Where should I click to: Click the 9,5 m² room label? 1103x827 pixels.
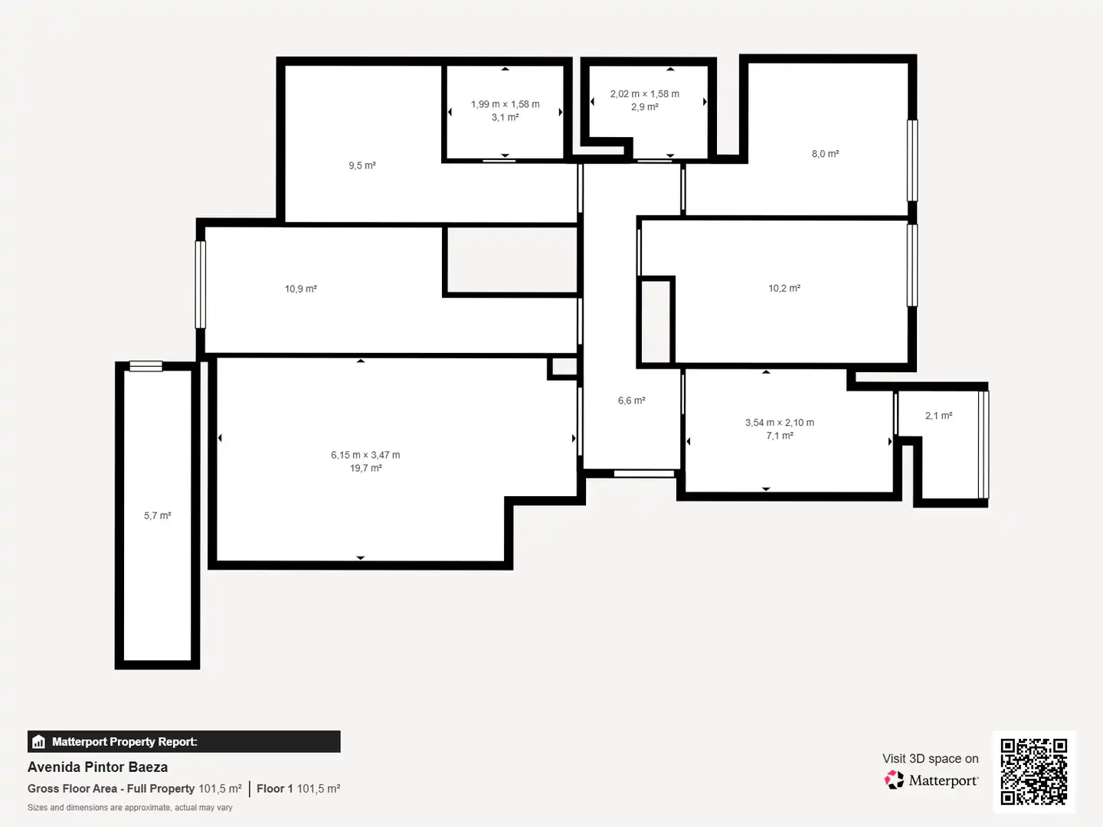click(x=362, y=165)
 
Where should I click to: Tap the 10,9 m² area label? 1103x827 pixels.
click(x=300, y=289)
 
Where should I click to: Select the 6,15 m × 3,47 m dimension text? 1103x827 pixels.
click(x=365, y=455)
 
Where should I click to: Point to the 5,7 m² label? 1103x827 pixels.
click(x=157, y=515)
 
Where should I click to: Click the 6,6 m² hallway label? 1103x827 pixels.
click(x=631, y=400)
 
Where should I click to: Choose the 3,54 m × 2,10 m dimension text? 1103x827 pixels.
click(x=780, y=423)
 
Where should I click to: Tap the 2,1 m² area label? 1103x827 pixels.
click(x=938, y=416)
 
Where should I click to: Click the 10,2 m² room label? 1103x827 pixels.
click(x=784, y=288)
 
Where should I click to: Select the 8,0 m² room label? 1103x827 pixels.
click(x=825, y=154)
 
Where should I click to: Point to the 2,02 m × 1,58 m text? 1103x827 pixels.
click(x=645, y=94)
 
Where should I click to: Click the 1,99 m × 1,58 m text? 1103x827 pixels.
click(x=505, y=104)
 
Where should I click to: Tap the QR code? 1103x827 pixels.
click(x=1033, y=772)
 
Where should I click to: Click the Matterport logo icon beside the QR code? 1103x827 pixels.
click(x=894, y=780)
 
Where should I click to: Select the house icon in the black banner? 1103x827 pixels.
click(x=39, y=742)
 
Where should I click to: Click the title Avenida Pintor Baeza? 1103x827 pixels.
click(x=97, y=767)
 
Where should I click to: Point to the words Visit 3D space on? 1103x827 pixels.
click(x=930, y=759)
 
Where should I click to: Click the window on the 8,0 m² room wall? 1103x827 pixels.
click(x=912, y=161)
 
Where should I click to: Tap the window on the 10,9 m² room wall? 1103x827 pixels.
click(x=200, y=285)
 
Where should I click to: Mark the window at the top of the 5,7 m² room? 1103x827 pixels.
click(x=146, y=367)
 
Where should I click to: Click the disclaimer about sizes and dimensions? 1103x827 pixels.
click(x=129, y=807)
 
